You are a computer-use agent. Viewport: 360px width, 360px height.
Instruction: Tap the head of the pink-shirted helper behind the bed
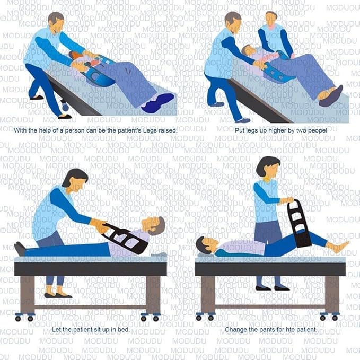[271, 20]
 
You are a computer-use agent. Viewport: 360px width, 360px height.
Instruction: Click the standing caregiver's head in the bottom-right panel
[268, 168]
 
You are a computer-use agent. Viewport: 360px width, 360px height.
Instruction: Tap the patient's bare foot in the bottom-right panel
[339, 247]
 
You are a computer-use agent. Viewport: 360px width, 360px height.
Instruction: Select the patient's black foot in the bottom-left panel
[20, 248]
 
